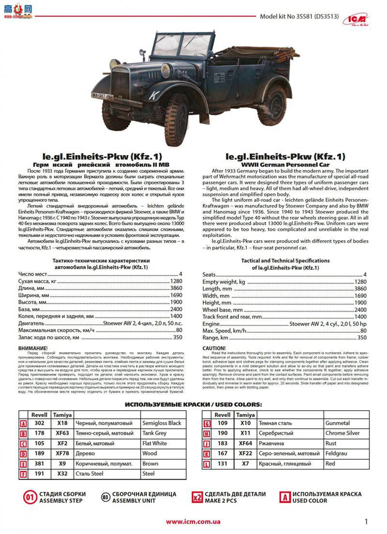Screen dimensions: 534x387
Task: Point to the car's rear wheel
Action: [272, 105]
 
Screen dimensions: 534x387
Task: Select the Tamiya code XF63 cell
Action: [62, 433]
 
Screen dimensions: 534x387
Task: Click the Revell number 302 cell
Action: [39, 423]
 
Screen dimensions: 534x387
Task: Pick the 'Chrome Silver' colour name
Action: [342, 433]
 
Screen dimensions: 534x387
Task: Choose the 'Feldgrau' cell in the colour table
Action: [337, 454]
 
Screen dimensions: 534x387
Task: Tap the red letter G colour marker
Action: [207, 424]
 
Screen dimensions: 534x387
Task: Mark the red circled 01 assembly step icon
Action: [30, 497]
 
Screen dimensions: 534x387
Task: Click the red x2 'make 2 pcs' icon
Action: [197, 497]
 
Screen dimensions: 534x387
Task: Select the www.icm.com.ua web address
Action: [193, 521]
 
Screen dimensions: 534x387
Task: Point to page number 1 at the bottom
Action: [366, 521]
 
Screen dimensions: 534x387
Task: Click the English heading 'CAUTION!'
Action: [214, 348]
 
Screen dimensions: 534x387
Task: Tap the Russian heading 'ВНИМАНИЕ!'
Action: [33, 348]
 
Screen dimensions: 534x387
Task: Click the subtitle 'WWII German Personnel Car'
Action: [285, 165]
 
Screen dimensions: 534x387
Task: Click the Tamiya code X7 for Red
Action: [245, 464]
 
